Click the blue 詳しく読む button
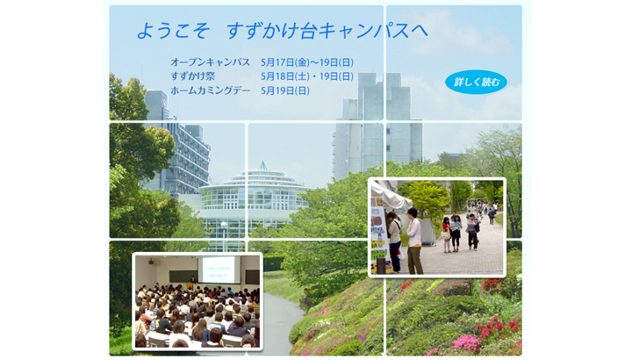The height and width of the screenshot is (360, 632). tap(476, 82)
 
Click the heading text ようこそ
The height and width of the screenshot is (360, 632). tap(173, 31)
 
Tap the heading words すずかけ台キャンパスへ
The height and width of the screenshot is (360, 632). tap(327, 31)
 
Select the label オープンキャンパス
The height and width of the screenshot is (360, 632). tap(210, 62)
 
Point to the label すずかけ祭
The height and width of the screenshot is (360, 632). tap(192, 76)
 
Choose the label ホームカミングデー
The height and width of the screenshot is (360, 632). tap(210, 90)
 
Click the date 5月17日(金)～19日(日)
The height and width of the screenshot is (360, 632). tap(307, 62)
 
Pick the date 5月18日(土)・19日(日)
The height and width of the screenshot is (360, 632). tap(307, 76)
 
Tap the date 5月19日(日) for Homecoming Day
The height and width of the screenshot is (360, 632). tap(285, 90)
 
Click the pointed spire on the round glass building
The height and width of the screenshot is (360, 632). tap(262, 165)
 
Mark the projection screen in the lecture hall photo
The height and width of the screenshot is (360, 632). tap(218, 270)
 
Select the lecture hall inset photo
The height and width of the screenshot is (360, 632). tap(197, 301)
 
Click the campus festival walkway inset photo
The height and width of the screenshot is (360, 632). tap(437, 227)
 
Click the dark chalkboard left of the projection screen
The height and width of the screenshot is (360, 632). tap(183, 277)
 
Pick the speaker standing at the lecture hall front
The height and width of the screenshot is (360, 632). tap(193, 279)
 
